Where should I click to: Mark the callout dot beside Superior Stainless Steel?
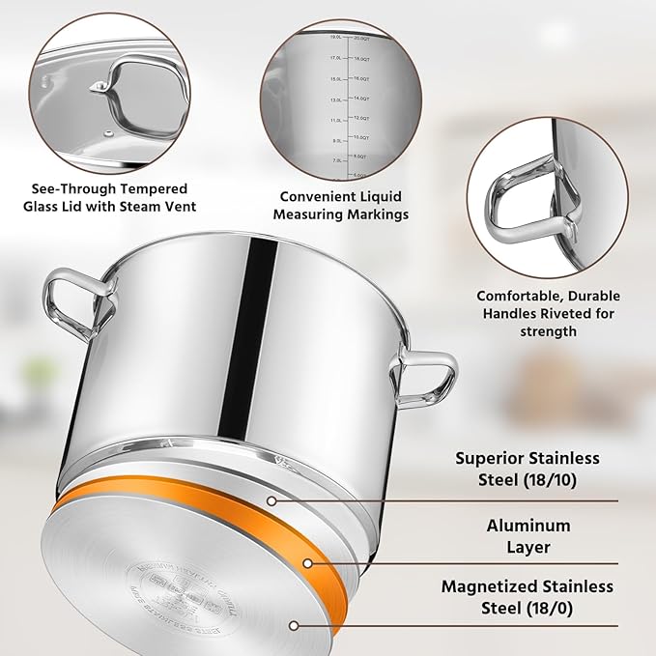(272, 500)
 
